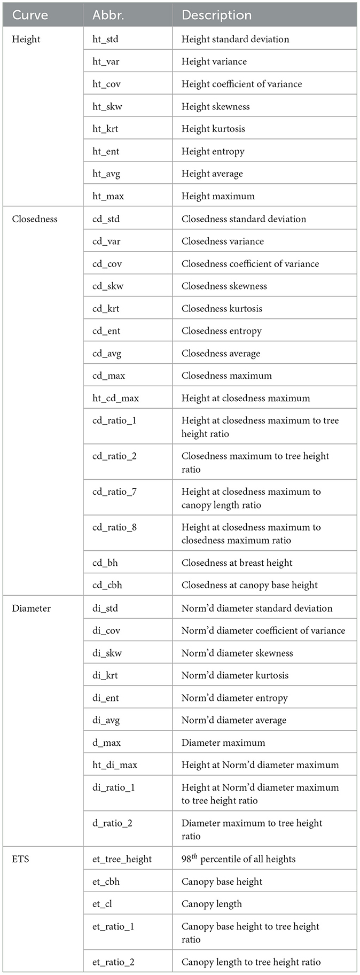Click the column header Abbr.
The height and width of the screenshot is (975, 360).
108,15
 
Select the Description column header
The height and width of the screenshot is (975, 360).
216,15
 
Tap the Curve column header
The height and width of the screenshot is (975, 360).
30,15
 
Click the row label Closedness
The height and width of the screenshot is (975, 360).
35,219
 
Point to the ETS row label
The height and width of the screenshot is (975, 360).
20,859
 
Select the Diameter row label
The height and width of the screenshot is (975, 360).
32,608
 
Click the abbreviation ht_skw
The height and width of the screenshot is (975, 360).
107,106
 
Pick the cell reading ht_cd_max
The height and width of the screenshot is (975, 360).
115,398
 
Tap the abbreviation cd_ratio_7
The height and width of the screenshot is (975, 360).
114,492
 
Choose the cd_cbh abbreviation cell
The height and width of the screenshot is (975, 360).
107,585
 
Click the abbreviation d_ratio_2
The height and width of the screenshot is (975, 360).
112,823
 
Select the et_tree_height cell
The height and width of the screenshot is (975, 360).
122,859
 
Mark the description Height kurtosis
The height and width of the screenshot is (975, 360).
213,129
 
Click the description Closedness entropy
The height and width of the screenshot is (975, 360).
222,331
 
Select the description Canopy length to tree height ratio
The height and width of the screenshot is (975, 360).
251,962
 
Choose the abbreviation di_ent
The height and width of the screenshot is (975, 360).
106,698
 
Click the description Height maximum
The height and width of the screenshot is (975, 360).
218,196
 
